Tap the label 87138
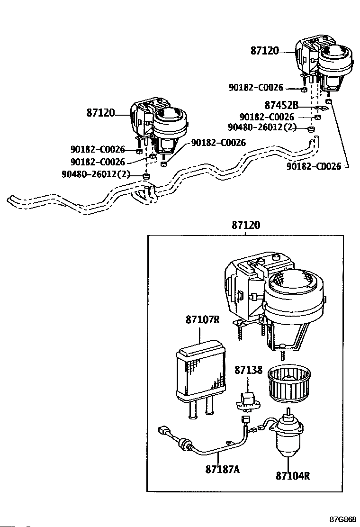click(x=249, y=370)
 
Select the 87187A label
click(x=222, y=469)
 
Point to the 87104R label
click(x=293, y=475)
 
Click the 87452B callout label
click(x=281, y=105)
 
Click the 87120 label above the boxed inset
click(x=246, y=226)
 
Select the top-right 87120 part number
click(x=265, y=51)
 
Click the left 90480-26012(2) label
click(x=96, y=174)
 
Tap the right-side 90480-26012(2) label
click(x=262, y=127)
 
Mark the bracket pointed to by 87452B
click(x=321, y=108)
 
